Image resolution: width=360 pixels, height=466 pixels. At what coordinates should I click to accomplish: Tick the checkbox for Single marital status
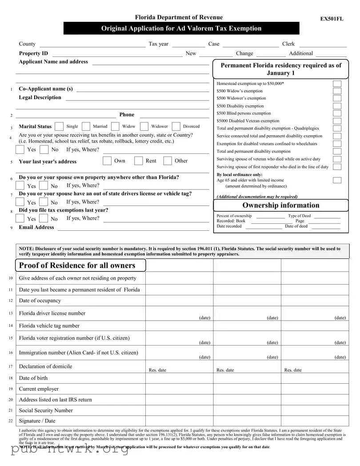[59, 127]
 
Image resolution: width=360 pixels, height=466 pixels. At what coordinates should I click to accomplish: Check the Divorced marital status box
[176, 127]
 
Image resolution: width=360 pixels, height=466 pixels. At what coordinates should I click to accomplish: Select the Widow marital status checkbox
[115, 127]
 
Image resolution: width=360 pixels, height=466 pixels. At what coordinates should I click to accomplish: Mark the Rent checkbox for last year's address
[139, 161]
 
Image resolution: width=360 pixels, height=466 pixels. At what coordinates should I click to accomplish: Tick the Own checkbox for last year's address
[107, 161]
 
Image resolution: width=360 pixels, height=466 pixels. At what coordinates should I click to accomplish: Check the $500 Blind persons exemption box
[337, 113]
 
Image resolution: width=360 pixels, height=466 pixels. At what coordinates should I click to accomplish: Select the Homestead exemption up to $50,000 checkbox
[337, 84]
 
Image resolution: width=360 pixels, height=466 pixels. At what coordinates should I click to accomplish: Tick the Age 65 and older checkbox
[337, 180]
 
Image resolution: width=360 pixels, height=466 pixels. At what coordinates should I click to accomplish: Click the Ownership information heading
[280, 205]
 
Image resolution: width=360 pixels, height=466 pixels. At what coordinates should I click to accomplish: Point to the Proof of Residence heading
[77, 265]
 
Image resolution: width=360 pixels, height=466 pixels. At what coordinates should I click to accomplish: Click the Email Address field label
[36, 227]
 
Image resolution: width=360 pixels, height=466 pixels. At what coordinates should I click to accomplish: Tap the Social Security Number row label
[45, 410]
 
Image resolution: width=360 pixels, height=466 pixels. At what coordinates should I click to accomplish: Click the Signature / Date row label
[37, 421]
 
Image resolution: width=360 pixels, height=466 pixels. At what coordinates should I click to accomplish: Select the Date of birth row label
[33, 378]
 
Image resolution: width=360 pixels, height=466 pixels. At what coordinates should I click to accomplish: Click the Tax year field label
[158, 44]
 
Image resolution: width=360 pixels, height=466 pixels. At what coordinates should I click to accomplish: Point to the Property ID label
[33, 53]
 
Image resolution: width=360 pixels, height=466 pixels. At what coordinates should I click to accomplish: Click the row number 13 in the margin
[10, 313]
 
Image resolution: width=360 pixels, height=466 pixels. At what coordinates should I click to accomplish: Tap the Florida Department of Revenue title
[179, 17]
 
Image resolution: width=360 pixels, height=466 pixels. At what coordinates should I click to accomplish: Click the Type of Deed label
[299, 216]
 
